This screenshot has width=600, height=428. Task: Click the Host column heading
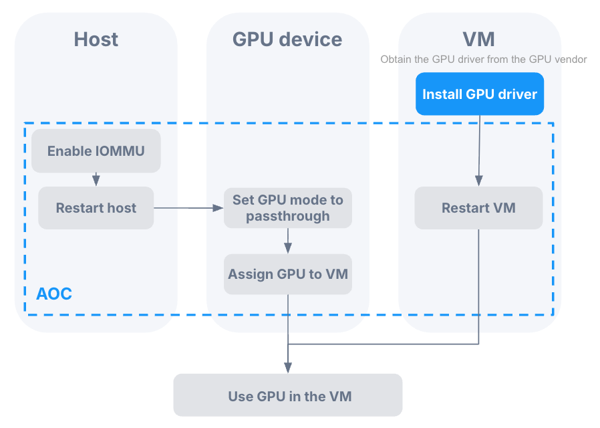(x=96, y=39)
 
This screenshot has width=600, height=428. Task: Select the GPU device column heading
(x=287, y=39)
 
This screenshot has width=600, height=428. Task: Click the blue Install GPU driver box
(x=479, y=94)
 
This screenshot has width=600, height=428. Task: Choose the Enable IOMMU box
(x=96, y=151)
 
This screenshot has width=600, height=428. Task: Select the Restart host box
(x=96, y=208)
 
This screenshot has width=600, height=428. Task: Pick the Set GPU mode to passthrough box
(x=287, y=208)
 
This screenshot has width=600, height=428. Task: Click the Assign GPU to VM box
(x=287, y=274)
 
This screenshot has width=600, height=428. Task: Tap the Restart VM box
(x=478, y=208)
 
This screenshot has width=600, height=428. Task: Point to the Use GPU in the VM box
(x=288, y=396)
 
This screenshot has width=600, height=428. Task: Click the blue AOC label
(x=53, y=294)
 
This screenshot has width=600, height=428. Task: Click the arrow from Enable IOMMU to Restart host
(x=96, y=179)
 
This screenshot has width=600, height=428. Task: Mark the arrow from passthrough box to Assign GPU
(x=287, y=241)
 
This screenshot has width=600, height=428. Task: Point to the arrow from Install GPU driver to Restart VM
(x=479, y=150)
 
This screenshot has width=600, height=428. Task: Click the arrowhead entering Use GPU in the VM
(x=288, y=367)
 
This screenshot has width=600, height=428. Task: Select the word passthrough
(x=287, y=216)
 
